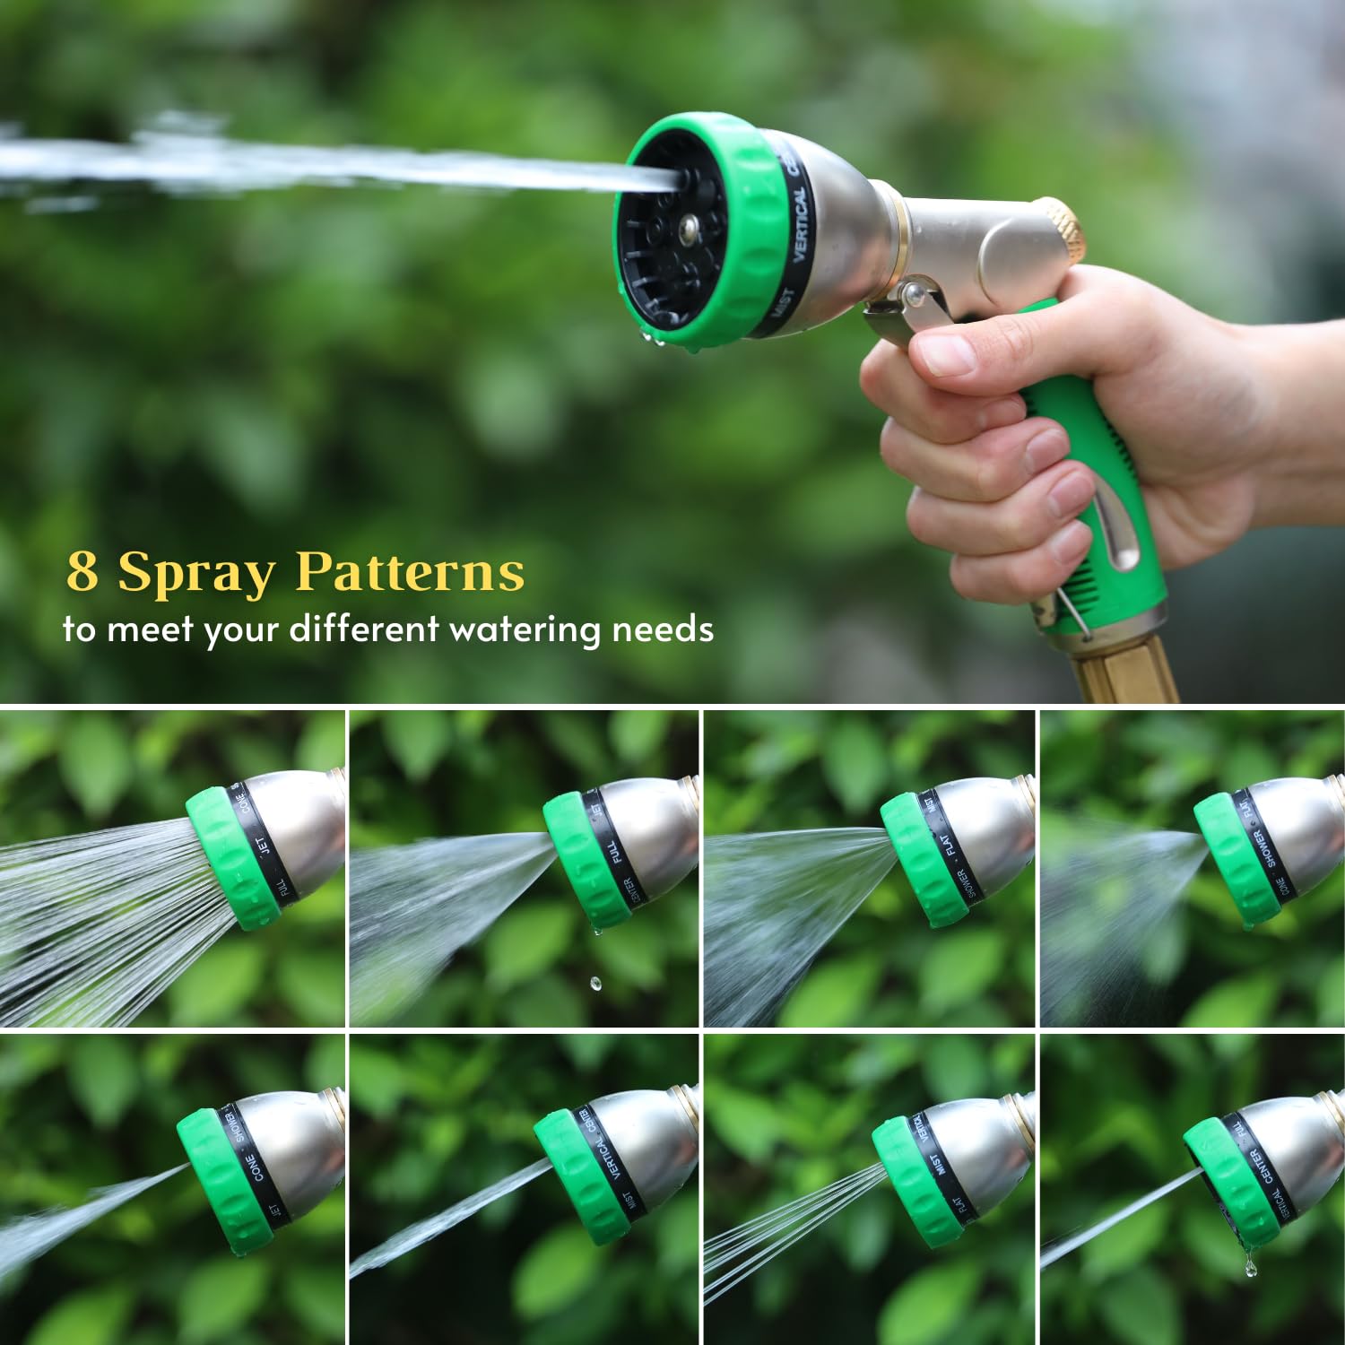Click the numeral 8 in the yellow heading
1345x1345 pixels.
[x=82, y=571]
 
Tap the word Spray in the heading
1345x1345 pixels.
[x=196, y=574]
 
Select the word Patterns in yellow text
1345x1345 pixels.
[x=410, y=571]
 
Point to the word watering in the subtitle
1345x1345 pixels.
[x=525, y=629]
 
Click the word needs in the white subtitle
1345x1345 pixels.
[x=663, y=629]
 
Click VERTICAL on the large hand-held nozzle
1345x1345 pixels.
[x=801, y=223]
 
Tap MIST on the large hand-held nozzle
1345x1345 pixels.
[x=782, y=304]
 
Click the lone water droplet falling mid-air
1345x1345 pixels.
[x=595, y=984]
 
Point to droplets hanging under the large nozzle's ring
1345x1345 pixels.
[x=655, y=338]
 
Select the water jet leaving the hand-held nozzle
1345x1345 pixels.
[x=359, y=165]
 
